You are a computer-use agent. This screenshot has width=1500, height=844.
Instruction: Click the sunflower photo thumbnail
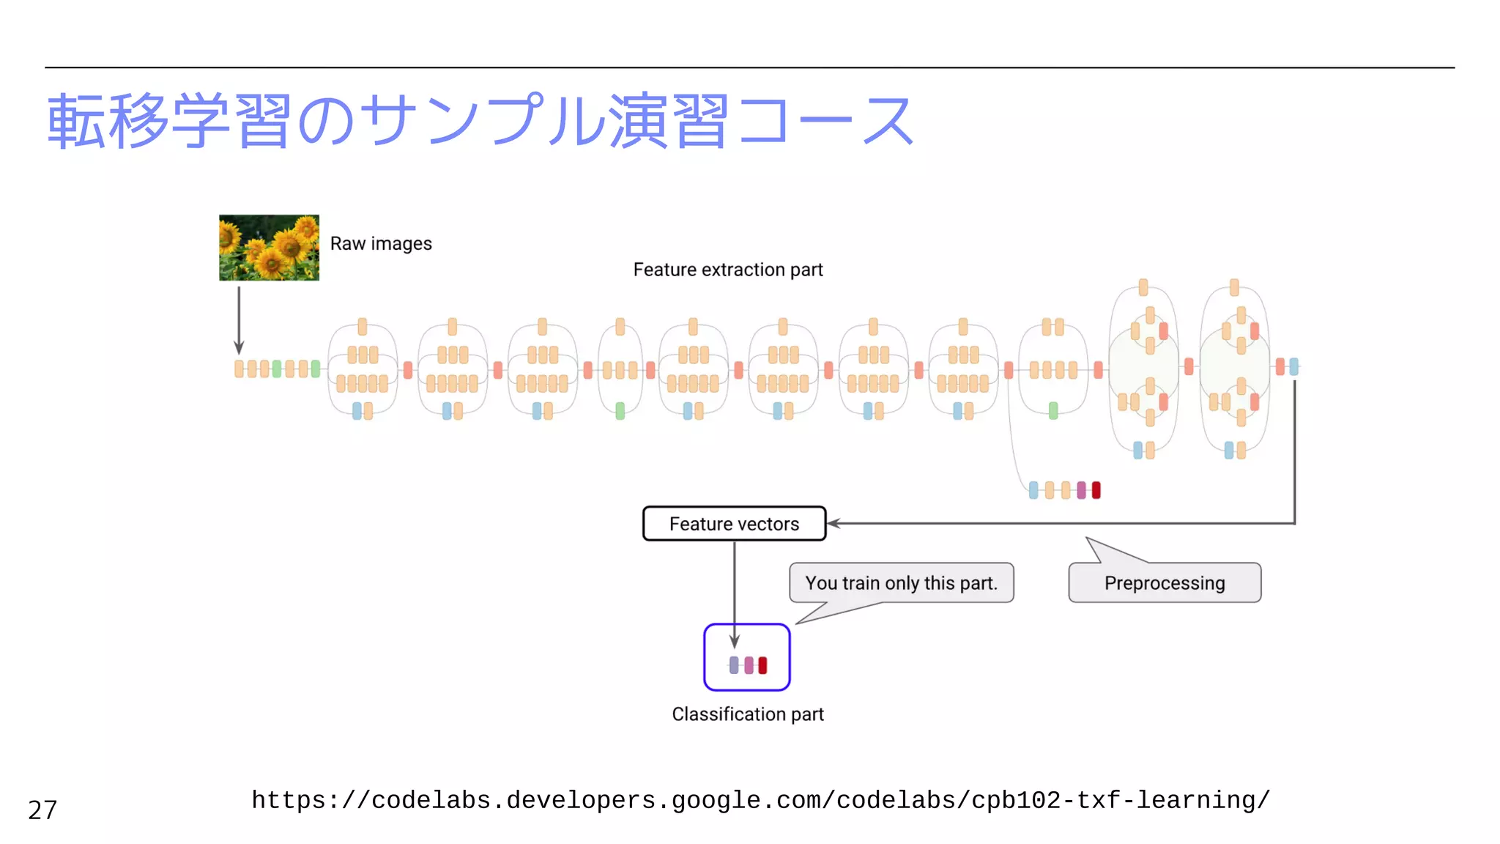tap(269, 248)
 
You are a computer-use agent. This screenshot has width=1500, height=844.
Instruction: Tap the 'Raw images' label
tap(381, 243)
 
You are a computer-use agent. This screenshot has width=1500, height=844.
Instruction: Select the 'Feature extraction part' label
tap(727, 270)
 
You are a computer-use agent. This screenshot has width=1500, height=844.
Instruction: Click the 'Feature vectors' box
tap(734, 524)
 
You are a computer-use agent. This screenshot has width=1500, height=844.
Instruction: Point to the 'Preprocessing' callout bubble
tap(1164, 583)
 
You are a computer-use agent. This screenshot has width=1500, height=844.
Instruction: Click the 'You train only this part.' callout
tap(901, 583)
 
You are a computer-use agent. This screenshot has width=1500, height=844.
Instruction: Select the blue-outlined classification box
tap(746, 657)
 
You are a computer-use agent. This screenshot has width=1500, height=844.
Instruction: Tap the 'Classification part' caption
tap(747, 714)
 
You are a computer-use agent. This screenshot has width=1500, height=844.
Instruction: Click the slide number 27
tap(42, 810)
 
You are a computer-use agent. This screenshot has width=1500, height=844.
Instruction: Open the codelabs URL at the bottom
tap(760, 800)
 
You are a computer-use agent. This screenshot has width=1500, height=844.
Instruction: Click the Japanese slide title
tap(480, 122)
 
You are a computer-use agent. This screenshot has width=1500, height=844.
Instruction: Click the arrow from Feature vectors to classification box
tap(734, 593)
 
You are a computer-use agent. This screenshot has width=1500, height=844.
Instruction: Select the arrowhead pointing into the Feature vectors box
tap(833, 523)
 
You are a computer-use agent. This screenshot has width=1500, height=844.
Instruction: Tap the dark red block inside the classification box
tap(762, 665)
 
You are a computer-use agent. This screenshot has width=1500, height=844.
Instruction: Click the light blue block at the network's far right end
tap(1294, 366)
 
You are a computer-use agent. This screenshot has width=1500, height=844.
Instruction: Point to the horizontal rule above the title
tap(749, 67)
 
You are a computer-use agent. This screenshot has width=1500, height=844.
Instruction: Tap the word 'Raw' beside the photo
tap(348, 243)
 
